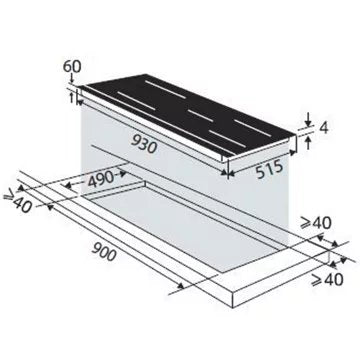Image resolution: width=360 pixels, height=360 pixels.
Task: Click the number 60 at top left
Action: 70,67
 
